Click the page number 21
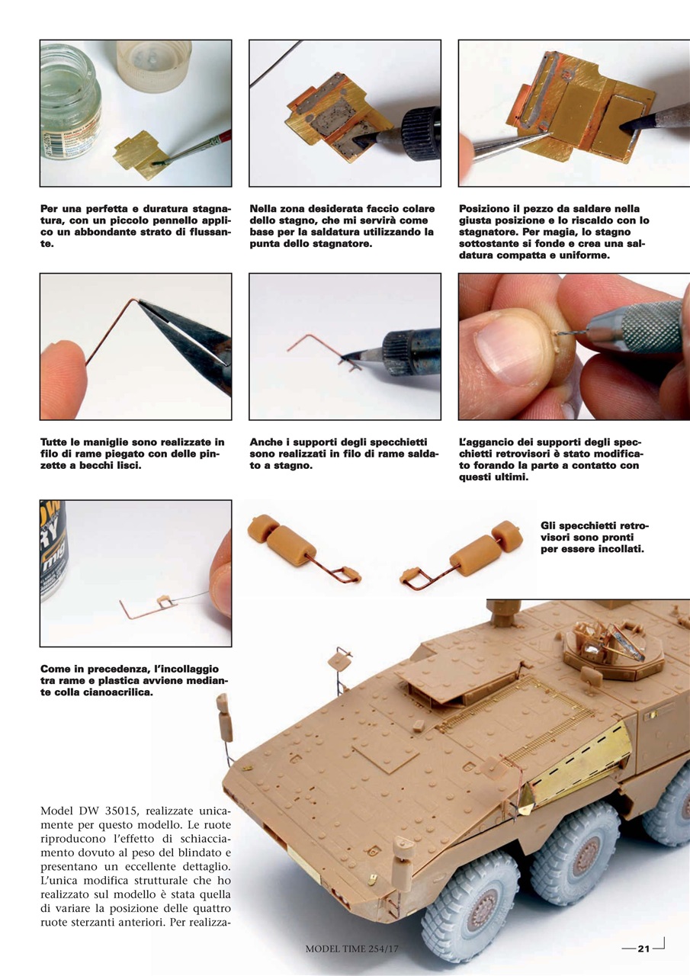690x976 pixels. tap(643, 949)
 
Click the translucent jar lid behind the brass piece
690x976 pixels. tap(153, 64)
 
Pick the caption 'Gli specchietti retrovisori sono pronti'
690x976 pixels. tap(592, 537)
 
